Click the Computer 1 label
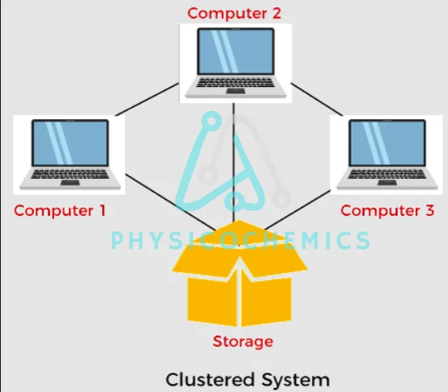click(x=60, y=210)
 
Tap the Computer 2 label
click(x=234, y=14)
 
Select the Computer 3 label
click(x=388, y=210)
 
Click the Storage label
click(x=243, y=341)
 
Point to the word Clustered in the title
click(x=210, y=380)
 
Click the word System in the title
click(x=296, y=380)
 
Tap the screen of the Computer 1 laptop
click(x=70, y=142)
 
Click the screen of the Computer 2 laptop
click(x=236, y=52)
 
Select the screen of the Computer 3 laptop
click(x=388, y=142)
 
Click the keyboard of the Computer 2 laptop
click(x=236, y=82)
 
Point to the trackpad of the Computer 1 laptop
click(x=70, y=183)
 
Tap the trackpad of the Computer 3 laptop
click(x=387, y=183)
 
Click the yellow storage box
click(x=240, y=274)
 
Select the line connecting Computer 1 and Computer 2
click(x=147, y=100)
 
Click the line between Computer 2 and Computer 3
click(x=317, y=100)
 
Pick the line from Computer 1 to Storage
click(x=171, y=202)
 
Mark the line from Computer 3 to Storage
click(x=297, y=210)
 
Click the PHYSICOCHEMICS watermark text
click(x=240, y=240)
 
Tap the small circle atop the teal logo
click(x=212, y=121)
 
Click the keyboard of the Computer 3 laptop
click(x=387, y=174)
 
